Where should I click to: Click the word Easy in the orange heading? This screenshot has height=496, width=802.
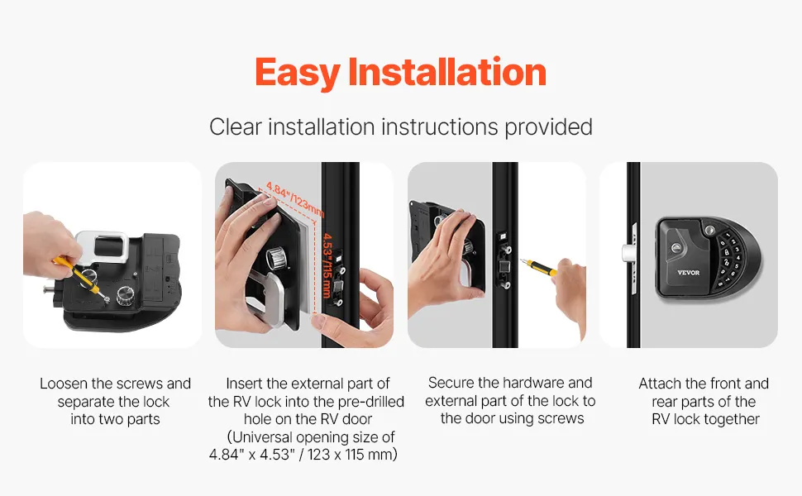coord(297,73)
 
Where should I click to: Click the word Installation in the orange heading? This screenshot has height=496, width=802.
coord(447,71)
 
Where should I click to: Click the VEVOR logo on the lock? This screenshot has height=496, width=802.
coord(688,273)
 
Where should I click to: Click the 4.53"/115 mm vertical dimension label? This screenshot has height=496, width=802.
coord(327,266)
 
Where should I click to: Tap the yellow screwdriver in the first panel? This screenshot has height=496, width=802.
coord(81,278)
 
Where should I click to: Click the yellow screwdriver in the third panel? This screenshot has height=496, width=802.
coord(538,267)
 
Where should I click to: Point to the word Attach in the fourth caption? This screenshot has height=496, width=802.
coord(659,384)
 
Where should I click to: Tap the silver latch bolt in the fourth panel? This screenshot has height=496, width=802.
coord(628,253)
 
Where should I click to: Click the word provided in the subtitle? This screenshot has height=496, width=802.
coord(549,127)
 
